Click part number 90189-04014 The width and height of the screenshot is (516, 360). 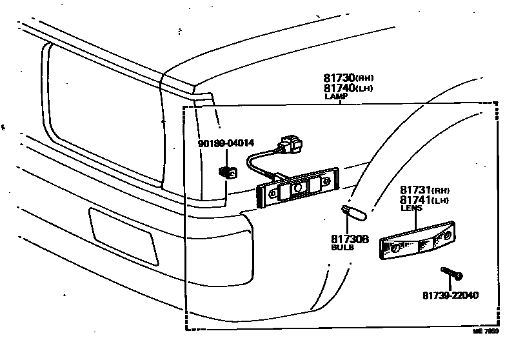(x=226, y=144)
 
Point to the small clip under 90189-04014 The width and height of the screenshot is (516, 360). (x=227, y=172)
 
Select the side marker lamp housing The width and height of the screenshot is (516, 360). (x=297, y=188)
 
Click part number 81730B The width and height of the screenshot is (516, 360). (x=350, y=239)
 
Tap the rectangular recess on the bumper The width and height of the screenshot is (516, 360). (x=123, y=235)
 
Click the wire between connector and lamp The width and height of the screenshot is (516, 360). (x=259, y=162)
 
